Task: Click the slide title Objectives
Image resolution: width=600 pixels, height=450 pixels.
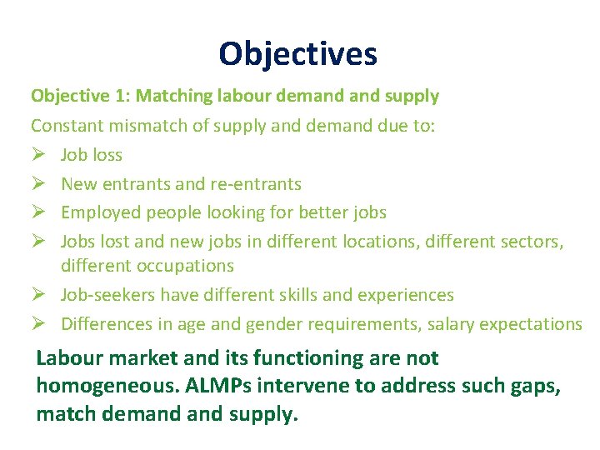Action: click(x=298, y=54)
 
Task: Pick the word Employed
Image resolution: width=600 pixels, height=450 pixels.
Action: click(x=100, y=212)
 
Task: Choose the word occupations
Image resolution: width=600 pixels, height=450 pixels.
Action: click(x=181, y=266)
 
